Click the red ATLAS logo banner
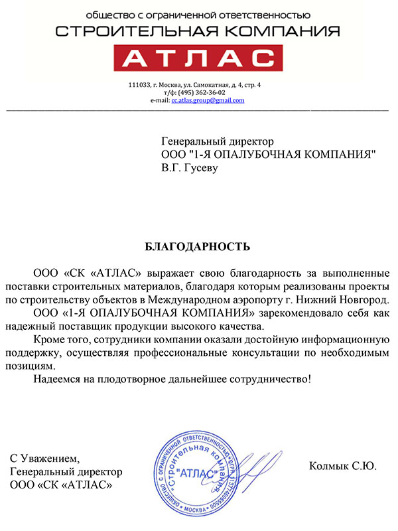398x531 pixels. [198, 60]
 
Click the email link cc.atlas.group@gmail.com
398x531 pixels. [208, 100]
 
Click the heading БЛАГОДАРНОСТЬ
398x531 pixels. [198, 247]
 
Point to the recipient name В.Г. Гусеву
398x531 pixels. [189, 168]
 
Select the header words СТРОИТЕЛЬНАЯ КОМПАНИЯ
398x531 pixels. [198, 31]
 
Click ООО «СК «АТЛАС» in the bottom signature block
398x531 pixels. [61, 485]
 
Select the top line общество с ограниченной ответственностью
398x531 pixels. [198, 13]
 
